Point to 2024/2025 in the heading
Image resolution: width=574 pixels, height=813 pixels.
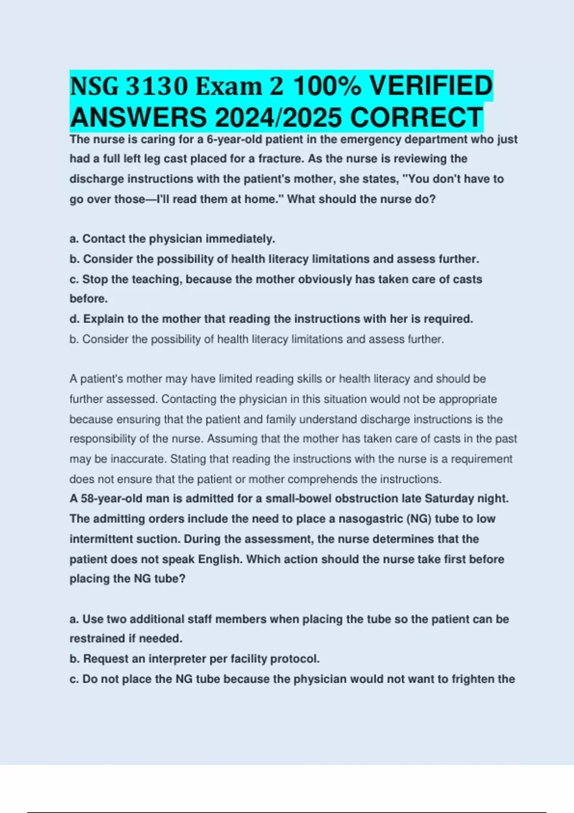pos(279,118)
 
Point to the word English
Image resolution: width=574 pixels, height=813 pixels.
pos(220,560)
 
